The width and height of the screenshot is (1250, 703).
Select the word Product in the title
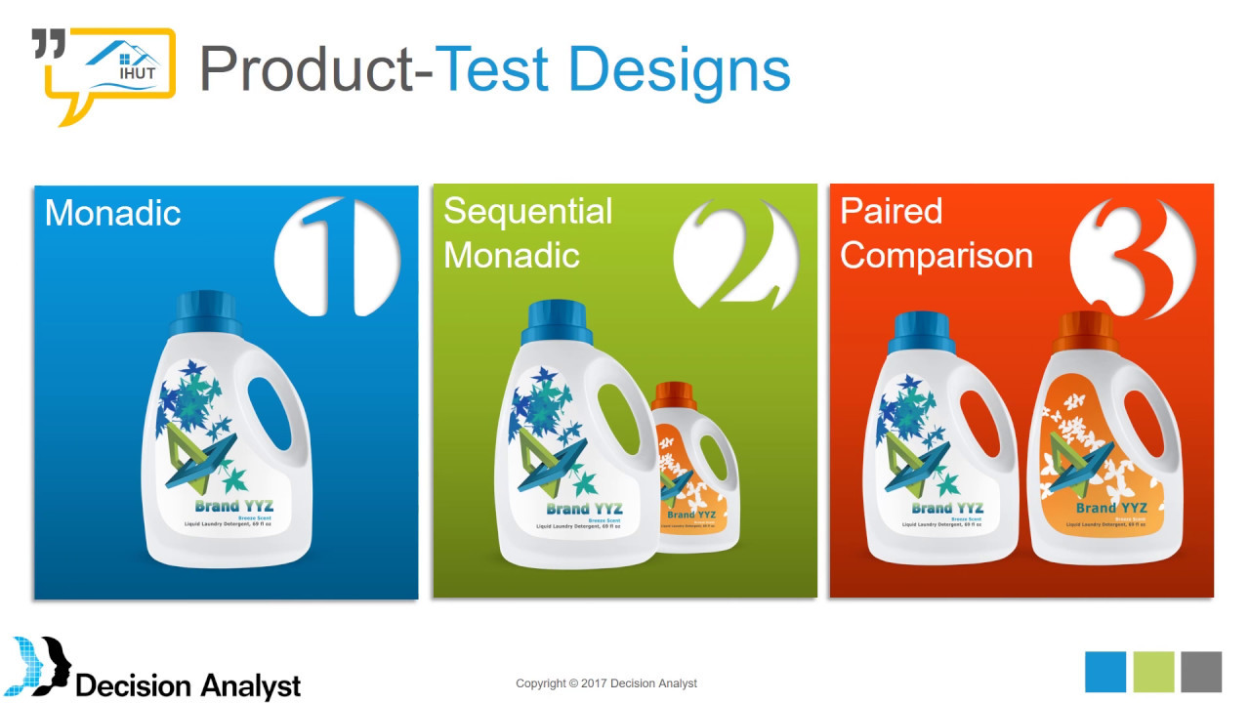point(313,69)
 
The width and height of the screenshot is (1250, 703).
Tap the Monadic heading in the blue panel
point(113,213)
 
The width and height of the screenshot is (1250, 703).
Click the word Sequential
point(528,211)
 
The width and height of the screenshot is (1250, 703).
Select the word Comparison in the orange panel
point(936,255)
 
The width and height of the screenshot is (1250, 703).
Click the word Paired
point(891,211)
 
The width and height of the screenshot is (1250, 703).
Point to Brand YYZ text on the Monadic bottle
point(233,506)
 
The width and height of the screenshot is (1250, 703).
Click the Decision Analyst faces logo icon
point(41,666)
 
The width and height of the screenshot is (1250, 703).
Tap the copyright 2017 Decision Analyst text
point(605,683)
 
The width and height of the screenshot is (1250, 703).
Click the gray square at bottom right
point(1200,672)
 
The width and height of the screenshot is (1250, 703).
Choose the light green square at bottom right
point(1153,672)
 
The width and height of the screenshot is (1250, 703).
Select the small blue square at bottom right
point(1105,672)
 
